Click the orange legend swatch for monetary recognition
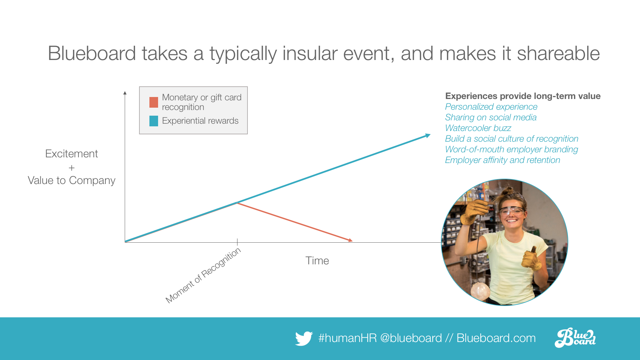(154, 102)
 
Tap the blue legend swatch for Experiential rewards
(154, 121)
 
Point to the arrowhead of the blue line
(428, 135)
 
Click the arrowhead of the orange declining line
(350, 240)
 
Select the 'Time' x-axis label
(317, 261)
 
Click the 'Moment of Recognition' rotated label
(203, 275)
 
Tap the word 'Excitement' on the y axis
(71, 154)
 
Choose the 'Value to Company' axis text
(71, 180)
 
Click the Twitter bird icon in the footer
(304, 338)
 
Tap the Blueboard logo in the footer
(575, 338)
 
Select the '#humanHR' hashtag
(348, 338)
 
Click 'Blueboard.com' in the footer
(496, 338)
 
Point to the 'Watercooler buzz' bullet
(478, 128)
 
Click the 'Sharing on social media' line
(491, 117)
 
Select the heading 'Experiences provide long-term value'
(523, 96)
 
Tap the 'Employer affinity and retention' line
(503, 160)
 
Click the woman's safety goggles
(512, 211)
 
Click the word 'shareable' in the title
(558, 53)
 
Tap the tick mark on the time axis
(237, 242)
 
